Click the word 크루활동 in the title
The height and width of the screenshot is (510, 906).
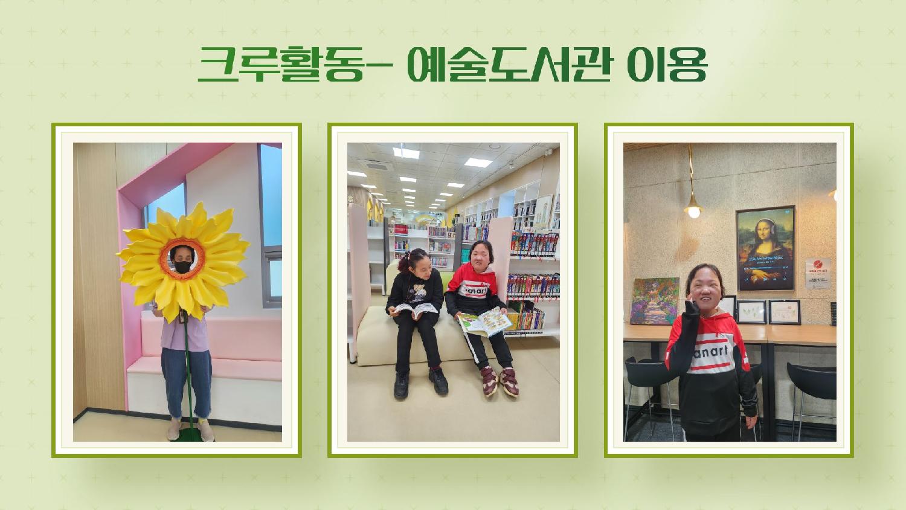[281, 65]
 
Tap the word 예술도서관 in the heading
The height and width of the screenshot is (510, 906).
[510, 64]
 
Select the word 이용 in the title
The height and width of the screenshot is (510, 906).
[667, 65]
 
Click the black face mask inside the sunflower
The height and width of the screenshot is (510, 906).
[183, 266]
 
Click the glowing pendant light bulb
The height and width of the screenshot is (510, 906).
[693, 211]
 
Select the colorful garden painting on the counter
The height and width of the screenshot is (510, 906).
[654, 301]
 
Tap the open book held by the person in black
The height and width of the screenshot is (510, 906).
[415, 309]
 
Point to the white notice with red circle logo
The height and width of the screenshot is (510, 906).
[817, 273]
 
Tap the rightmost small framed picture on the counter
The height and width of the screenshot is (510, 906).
[784, 312]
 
